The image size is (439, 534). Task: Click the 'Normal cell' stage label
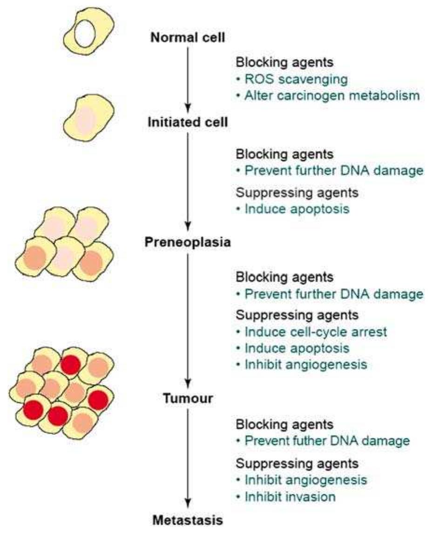pos(188,37)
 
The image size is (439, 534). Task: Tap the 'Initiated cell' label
pos(188,123)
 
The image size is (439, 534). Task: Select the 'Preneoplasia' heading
pos(188,242)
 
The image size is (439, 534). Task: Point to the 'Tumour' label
pos(188,399)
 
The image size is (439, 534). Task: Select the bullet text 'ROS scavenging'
pos(296,79)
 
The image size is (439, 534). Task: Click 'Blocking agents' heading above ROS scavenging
pos(285,62)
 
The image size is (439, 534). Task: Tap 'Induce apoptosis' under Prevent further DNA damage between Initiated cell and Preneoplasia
pos(296,209)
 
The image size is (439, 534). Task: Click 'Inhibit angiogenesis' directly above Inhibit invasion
pos(305,480)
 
